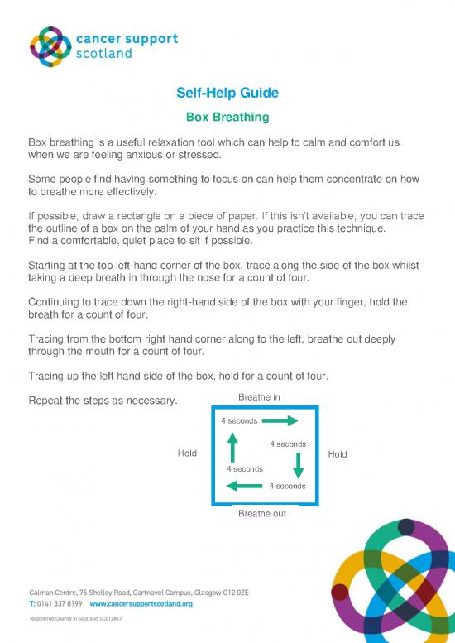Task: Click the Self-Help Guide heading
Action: coord(227,93)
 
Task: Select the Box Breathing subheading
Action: coord(227,118)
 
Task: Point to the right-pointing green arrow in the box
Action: coord(280,421)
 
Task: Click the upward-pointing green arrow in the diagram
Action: coord(232,448)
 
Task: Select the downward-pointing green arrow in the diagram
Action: coord(299,465)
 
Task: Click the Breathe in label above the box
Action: coord(259,397)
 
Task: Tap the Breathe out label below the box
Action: coord(261,514)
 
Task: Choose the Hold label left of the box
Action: coord(187,453)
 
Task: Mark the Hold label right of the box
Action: coord(338,454)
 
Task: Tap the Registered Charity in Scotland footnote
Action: coord(75,618)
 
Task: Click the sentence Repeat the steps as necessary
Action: coord(103,401)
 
